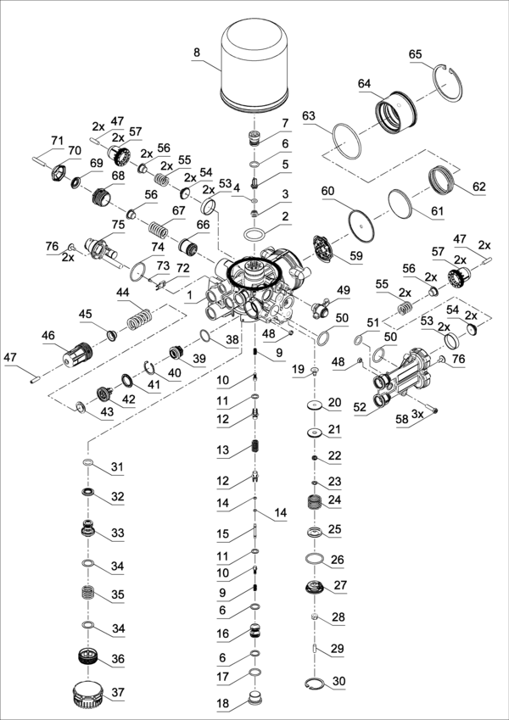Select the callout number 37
[118, 693]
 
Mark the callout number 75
[119, 225]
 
